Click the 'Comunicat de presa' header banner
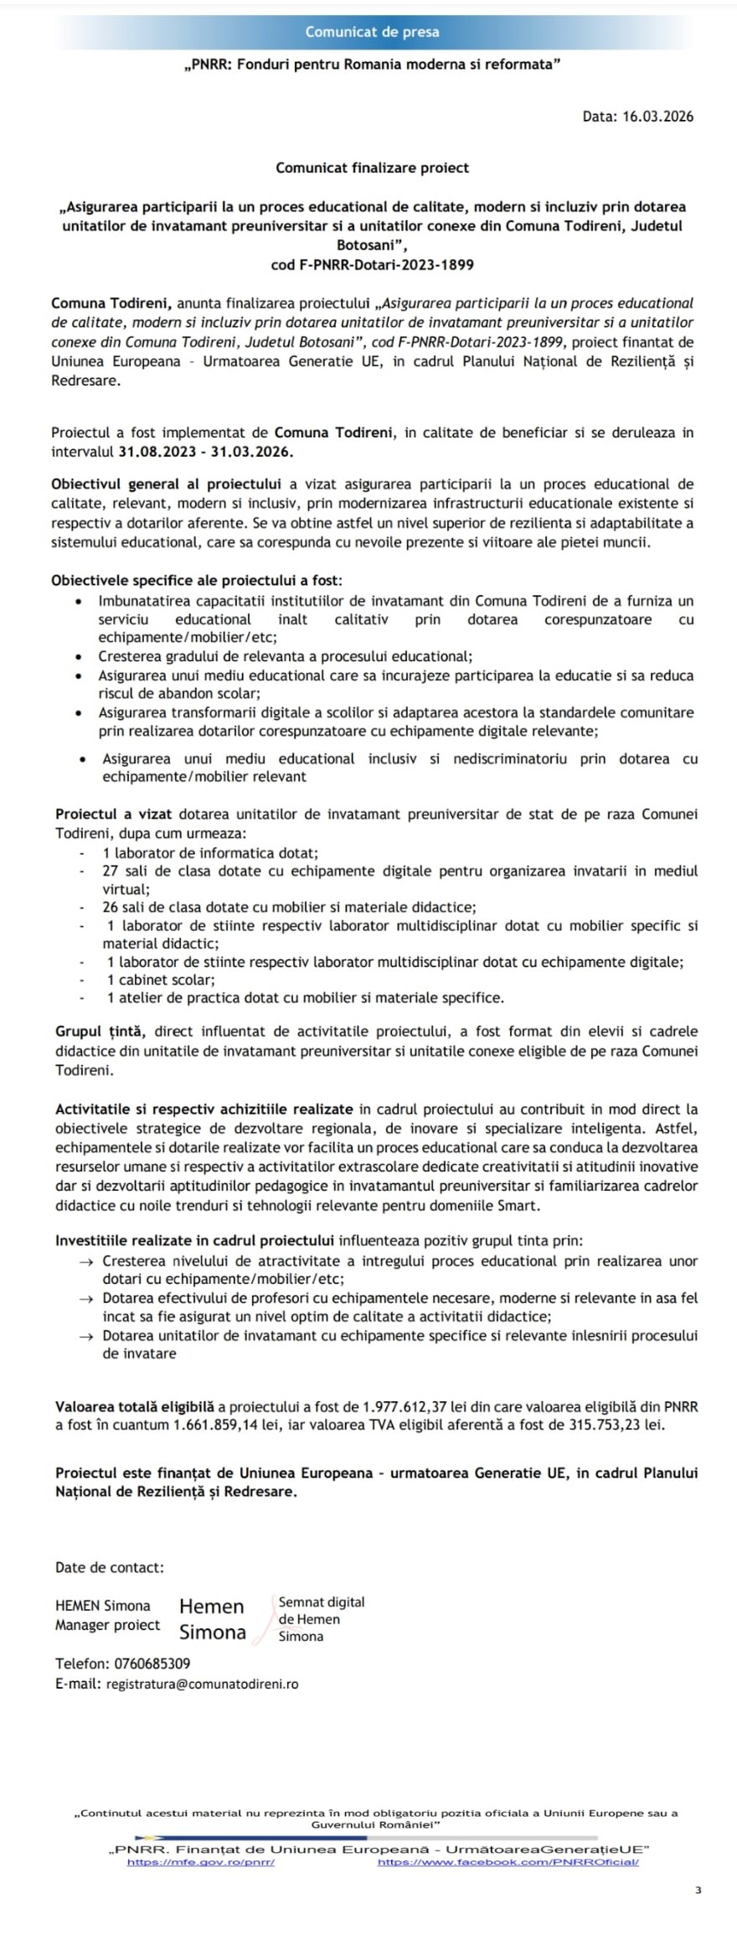click(x=372, y=32)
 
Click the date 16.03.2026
click(x=657, y=116)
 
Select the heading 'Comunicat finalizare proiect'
click(x=372, y=168)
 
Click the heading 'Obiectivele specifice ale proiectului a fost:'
click(x=197, y=581)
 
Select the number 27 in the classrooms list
click(x=111, y=872)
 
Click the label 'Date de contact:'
click(x=110, y=1567)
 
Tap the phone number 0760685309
click(x=150, y=1663)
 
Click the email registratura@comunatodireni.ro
click(x=202, y=1684)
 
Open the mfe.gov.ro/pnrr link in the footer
click(x=201, y=1862)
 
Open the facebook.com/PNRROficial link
click(x=508, y=1862)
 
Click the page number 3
click(x=698, y=1891)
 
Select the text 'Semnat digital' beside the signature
click(x=322, y=1602)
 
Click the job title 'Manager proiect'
click(x=107, y=1626)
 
